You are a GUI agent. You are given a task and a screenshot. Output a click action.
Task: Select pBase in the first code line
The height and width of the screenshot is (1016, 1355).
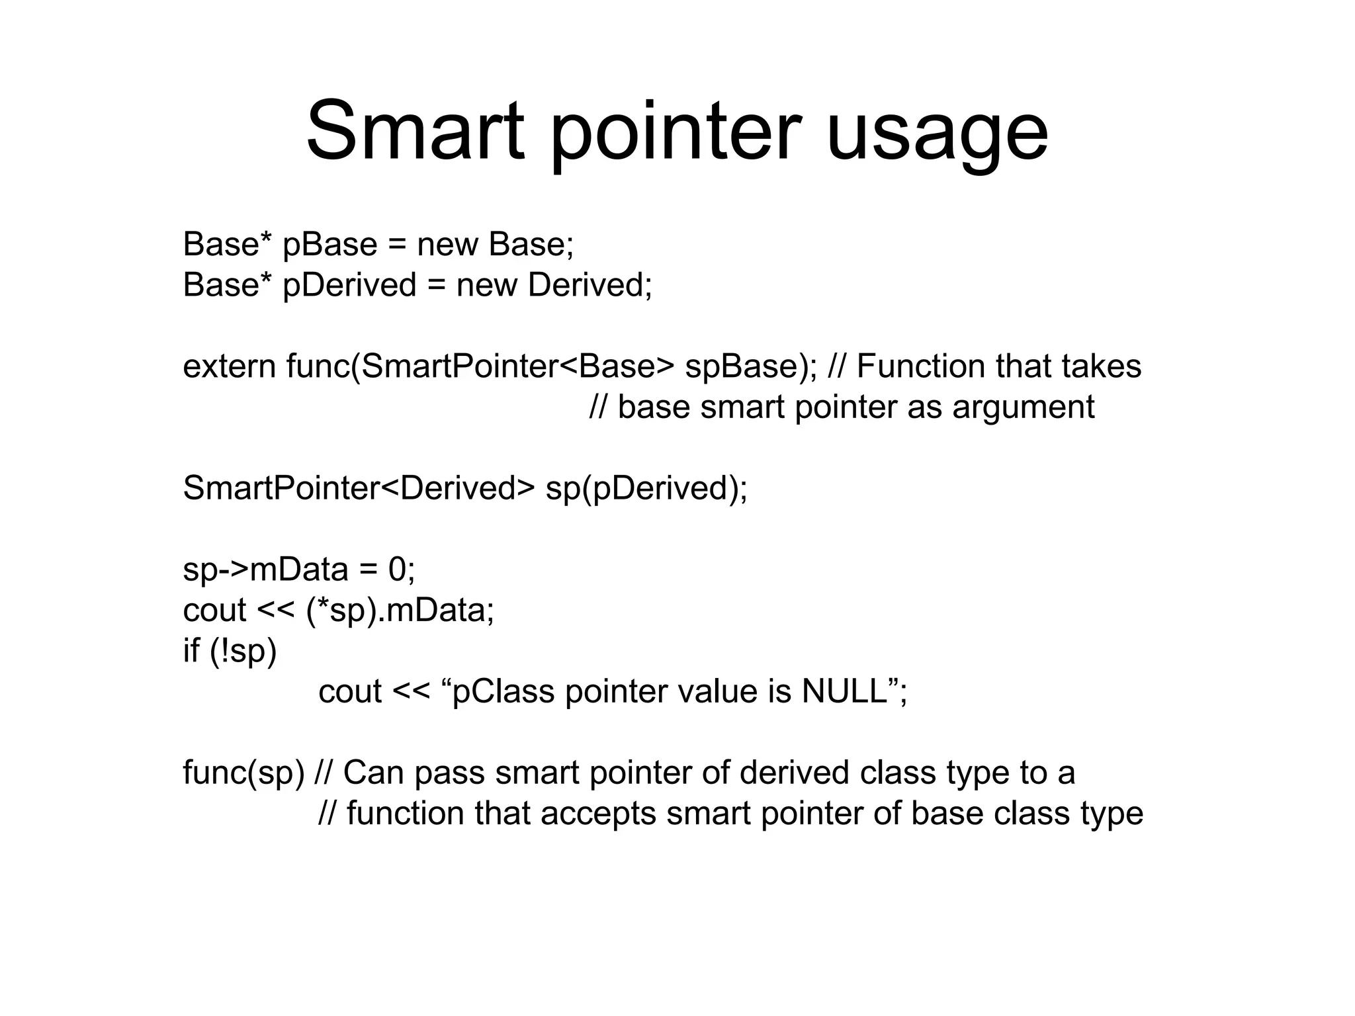[x=329, y=245]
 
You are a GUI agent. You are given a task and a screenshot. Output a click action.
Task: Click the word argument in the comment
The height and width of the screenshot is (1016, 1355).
[x=1024, y=407]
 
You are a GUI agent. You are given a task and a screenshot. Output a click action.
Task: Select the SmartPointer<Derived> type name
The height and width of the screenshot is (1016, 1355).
[x=358, y=489]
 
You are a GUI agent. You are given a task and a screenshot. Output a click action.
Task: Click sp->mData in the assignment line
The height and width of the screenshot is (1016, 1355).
[x=265, y=570]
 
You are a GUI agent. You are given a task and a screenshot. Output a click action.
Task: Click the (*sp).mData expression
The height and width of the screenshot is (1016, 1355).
[x=400, y=611]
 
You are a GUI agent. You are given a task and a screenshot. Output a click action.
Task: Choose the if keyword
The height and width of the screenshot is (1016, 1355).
[x=191, y=651]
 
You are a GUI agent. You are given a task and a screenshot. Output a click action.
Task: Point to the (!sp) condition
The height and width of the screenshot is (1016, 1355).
[x=243, y=652]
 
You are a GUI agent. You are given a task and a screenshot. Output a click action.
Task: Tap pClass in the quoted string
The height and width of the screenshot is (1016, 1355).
[x=503, y=693]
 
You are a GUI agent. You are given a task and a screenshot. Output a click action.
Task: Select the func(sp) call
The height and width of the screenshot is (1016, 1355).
[x=243, y=773]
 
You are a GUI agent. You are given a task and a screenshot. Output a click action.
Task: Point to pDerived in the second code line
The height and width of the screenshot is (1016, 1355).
[x=349, y=286]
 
